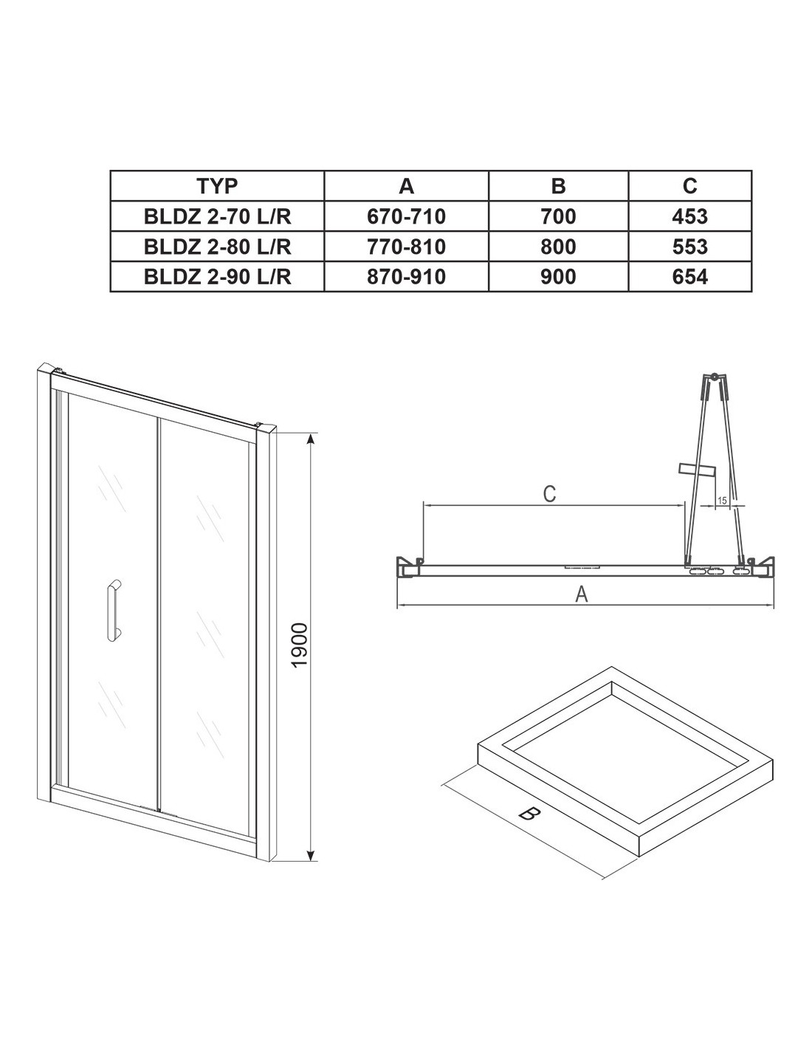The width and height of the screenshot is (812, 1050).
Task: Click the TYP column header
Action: [217, 185]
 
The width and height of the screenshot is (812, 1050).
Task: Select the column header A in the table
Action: [406, 185]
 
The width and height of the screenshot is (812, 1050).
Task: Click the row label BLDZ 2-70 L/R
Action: [217, 216]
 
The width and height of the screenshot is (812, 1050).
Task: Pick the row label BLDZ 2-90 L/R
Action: [217, 277]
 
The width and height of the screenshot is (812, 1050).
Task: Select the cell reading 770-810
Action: [406, 247]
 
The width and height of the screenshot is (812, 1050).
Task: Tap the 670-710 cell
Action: [406, 216]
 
